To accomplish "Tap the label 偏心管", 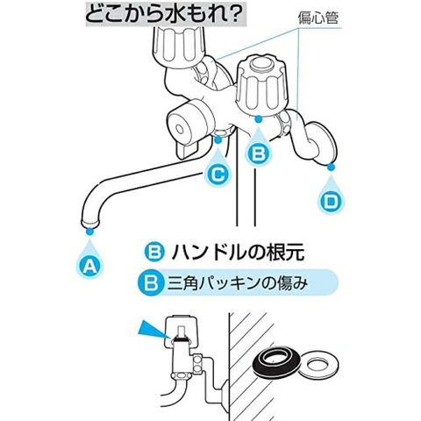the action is [318, 18].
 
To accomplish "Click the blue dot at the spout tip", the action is [89, 232].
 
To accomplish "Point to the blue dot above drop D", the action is [331, 168].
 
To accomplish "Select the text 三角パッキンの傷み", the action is [238, 283].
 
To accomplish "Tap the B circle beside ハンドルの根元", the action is [154, 252].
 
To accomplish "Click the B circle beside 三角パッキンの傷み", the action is [151, 283].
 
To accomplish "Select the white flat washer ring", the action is [318, 365].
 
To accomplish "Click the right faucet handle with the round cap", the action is [262, 86].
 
